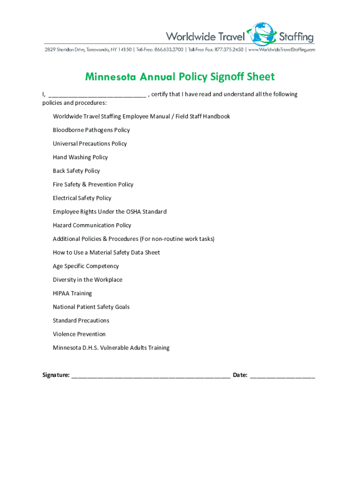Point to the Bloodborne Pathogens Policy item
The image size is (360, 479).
tap(91, 130)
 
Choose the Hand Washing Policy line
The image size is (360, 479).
tap(80, 157)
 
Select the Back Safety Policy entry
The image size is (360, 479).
tap(76, 171)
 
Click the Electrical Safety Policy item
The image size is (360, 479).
tap(82, 198)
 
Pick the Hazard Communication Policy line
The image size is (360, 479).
tap(92, 225)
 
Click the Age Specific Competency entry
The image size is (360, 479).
tap(86, 266)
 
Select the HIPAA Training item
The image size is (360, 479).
tap(72, 293)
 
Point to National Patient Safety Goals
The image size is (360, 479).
tap(91, 307)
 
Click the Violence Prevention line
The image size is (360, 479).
tap(79, 334)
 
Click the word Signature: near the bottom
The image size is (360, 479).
tap(56, 375)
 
